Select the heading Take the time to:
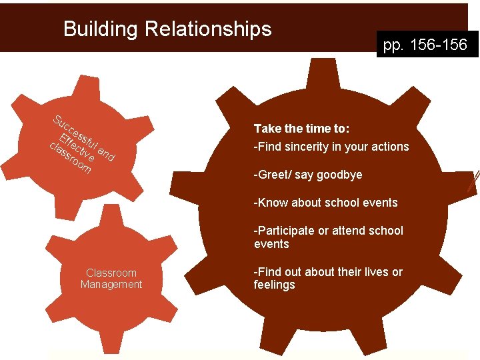click(302, 128)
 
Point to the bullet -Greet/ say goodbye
click(308, 175)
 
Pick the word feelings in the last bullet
click(274, 285)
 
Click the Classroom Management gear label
click(111, 279)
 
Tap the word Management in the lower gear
click(111, 285)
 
